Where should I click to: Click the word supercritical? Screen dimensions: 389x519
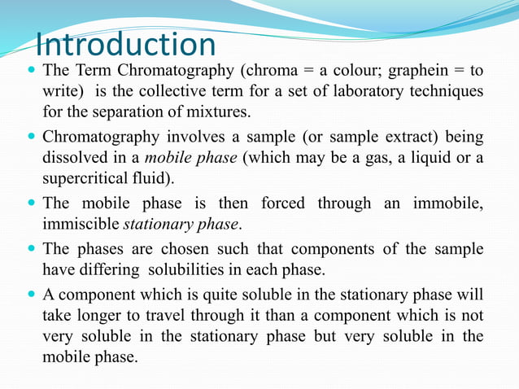tap(85, 177)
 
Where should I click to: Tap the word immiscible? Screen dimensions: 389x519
tap(81, 222)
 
